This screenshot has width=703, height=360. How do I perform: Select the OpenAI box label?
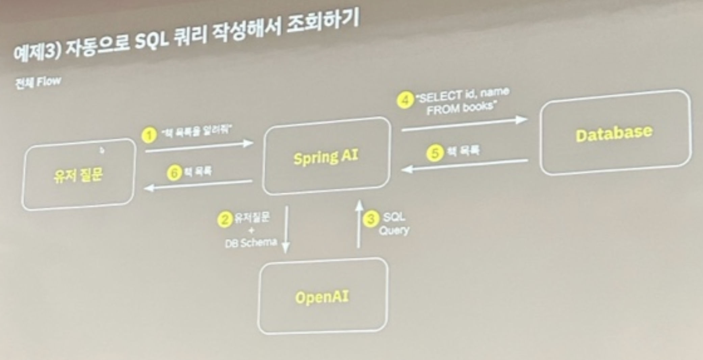pyautogui.click(x=322, y=298)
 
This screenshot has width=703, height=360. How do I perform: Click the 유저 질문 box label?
pyautogui.click(x=78, y=176)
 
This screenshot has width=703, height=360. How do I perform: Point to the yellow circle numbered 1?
pyautogui.click(x=149, y=135)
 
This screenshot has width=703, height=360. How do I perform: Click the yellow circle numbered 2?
pyautogui.click(x=225, y=220)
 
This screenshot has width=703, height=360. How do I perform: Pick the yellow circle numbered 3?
pyautogui.click(x=371, y=219)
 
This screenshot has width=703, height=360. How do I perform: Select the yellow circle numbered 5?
pyautogui.click(x=435, y=153)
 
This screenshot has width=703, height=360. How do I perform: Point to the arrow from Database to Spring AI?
pyautogui.click(x=464, y=165)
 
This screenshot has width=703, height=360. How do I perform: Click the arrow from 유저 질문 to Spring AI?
pyautogui.click(x=199, y=147)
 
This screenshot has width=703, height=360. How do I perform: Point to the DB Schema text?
pyautogui.click(x=251, y=242)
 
